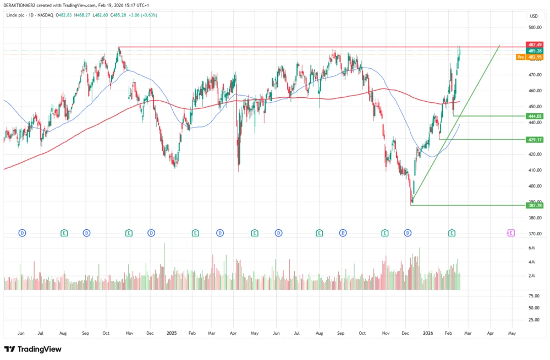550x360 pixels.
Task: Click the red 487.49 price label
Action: (535, 45)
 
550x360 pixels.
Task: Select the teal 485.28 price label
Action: (535, 51)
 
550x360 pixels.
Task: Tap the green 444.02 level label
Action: (535, 116)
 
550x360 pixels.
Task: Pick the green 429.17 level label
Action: (535, 140)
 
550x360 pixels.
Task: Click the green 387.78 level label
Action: (535, 206)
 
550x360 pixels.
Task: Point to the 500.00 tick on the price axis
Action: (535, 27)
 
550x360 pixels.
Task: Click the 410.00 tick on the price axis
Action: (535, 170)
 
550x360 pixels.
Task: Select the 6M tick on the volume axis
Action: (532, 248)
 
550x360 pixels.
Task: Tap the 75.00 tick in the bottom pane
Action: (533, 296)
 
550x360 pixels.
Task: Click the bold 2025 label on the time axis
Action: (172, 333)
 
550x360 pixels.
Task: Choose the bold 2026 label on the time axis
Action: (427, 333)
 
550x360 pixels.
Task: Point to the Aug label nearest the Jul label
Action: (63, 333)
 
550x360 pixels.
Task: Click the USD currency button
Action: (533, 16)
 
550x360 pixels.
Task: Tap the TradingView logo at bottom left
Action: (33, 349)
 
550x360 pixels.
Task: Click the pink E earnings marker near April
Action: (510, 233)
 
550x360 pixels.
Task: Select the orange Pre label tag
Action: (520, 57)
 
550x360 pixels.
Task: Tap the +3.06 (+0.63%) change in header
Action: (143, 15)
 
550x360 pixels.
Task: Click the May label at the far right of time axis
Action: (512, 333)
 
